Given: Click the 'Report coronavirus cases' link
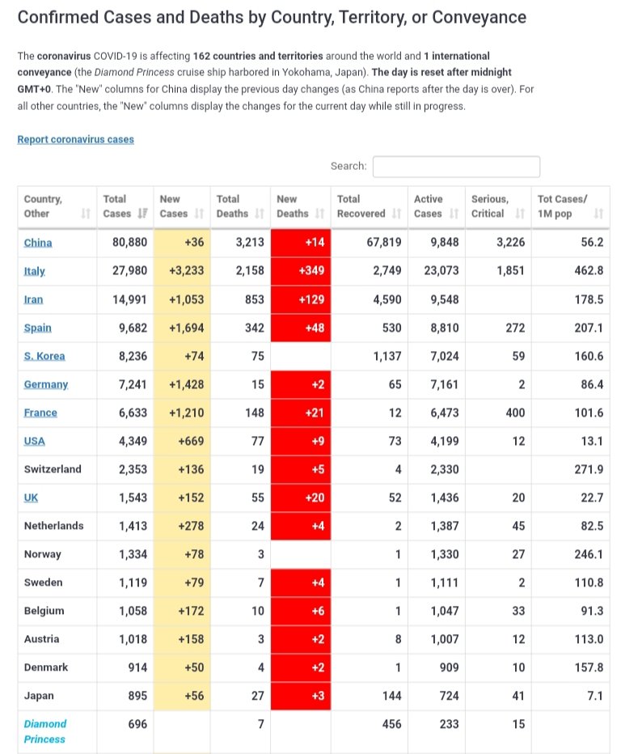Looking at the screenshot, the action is coord(75,139).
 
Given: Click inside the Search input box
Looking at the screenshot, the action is coord(456,167).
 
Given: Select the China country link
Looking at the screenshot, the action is coord(38,243).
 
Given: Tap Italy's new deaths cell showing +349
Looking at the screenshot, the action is coord(301,271).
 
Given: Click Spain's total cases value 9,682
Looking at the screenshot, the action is coord(133,328).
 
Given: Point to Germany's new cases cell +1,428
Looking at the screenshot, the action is coord(182,385).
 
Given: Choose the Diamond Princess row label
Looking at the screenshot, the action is coord(45,731).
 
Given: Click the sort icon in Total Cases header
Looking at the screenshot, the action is coord(142,214).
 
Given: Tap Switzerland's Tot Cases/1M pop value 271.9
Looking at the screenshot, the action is coord(589,469).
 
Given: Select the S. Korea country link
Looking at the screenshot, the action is coord(44,356).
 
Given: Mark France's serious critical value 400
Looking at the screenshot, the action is coord(515,413).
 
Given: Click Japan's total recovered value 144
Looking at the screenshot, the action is coord(391,696).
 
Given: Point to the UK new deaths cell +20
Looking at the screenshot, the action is coord(301,498).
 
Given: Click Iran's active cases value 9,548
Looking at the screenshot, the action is coord(445,299).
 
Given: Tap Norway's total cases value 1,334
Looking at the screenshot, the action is coord(133,554).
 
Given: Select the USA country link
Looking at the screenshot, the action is coord(35,442).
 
